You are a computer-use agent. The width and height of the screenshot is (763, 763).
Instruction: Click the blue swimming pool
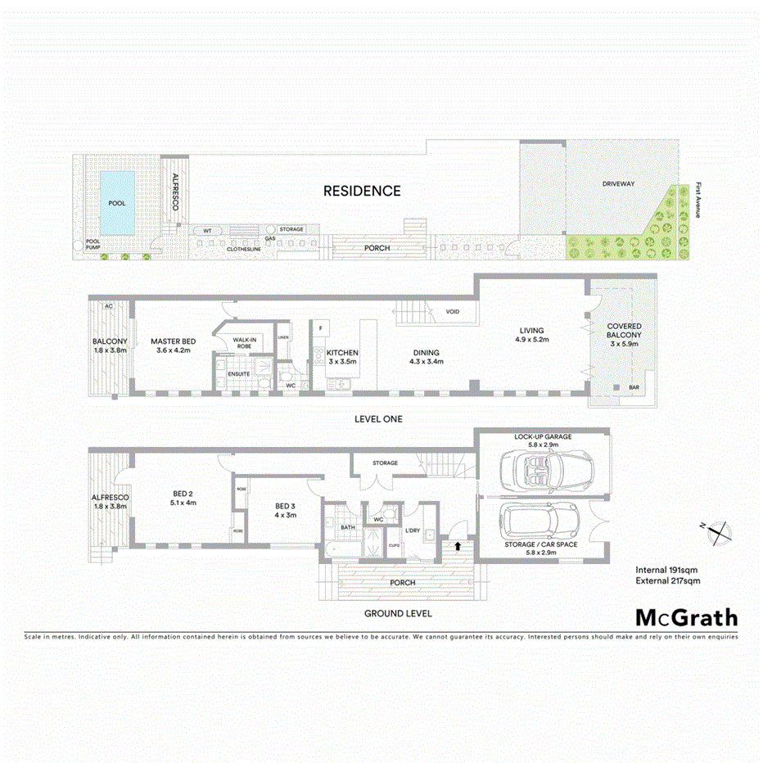click(x=117, y=202)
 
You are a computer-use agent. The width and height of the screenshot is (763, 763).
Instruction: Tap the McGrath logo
click(x=686, y=618)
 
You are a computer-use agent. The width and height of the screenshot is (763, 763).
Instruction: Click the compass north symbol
click(x=716, y=531)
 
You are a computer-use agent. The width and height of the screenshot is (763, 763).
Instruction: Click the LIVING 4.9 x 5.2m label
click(x=531, y=334)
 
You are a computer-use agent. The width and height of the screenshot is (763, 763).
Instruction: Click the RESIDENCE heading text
click(x=362, y=191)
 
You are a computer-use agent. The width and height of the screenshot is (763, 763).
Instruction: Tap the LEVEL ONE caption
click(x=378, y=419)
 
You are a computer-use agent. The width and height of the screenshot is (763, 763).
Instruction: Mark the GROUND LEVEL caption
click(x=399, y=613)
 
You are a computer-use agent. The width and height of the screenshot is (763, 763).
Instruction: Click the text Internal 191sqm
click(x=667, y=569)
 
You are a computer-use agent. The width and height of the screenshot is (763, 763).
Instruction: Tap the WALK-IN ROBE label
click(x=246, y=342)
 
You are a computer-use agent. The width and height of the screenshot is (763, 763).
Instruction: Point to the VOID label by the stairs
click(x=452, y=312)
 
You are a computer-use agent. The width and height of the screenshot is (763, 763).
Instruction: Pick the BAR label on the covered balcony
click(x=633, y=387)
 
